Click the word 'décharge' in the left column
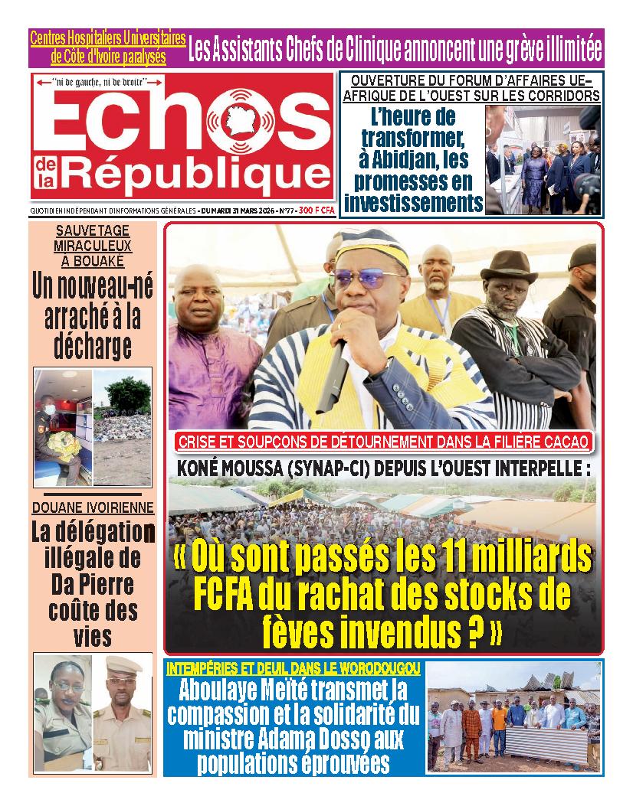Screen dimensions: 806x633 [x=93, y=345]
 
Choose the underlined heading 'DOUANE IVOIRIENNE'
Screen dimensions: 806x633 [x=93, y=507]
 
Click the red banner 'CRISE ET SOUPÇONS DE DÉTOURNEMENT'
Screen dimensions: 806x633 [x=382, y=441]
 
